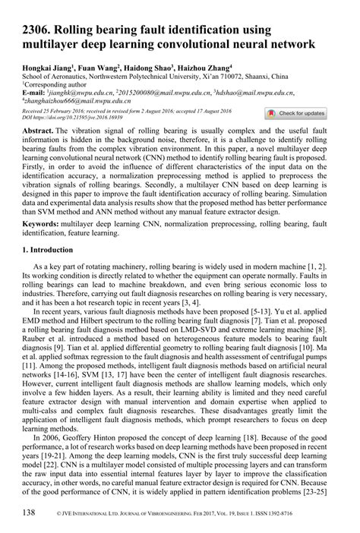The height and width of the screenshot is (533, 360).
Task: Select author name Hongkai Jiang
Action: tap(47, 68)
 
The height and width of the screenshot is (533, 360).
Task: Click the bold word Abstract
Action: tap(40, 131)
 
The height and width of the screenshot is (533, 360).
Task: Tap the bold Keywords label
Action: tap(43, 225)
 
